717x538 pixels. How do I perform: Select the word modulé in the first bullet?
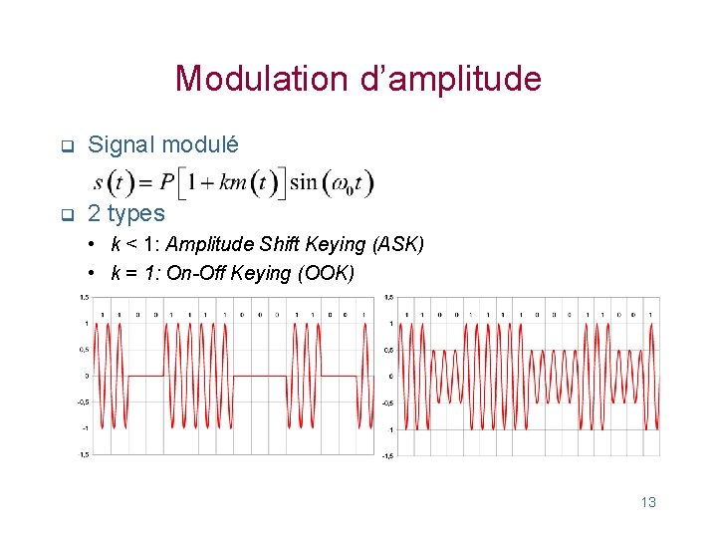click(200, 144)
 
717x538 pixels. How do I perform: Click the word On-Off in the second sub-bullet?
click(196, 273)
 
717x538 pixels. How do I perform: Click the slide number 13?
click(648, 502)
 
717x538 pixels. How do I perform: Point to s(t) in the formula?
click(113, 182)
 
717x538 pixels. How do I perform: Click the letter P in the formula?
click(166, 182)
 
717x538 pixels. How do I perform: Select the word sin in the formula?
click(303, 182)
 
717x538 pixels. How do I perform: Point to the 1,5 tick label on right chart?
click(388, 297)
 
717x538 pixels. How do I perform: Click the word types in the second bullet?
click(136, 213)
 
